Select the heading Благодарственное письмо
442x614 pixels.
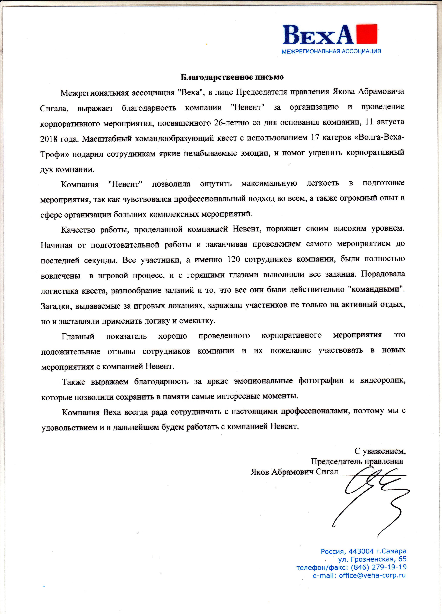click(232, 77)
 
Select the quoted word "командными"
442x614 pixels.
click(375, 289)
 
